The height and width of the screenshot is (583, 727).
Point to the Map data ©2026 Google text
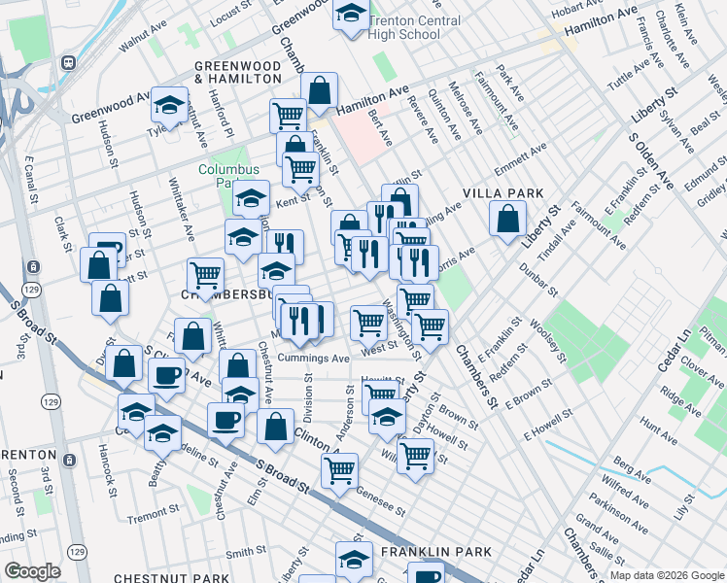[x=665, y=575]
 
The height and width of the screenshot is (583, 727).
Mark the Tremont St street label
[x=153, y=516]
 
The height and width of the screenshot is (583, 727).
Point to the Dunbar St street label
[x=537, y=280]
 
